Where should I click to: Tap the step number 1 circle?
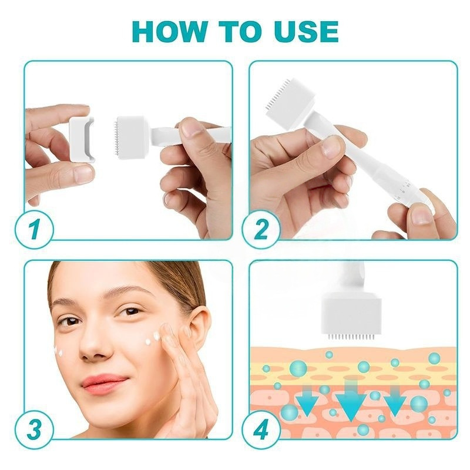[34, 230]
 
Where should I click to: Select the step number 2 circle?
[261, 230]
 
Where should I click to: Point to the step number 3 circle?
[34, 429]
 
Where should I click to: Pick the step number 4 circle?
[261, 429]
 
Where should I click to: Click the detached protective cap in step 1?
[82, 139]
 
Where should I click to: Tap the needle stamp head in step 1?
[130, 137]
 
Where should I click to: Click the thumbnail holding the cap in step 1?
[83, 174]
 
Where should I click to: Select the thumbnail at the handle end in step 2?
[422, 215]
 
